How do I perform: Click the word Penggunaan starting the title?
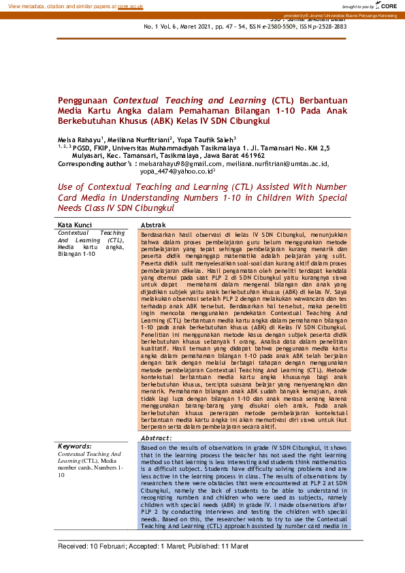84,100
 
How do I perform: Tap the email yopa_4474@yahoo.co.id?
176,172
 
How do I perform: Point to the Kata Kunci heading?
74,225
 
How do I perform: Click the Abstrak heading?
153,225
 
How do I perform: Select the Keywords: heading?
76,446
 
